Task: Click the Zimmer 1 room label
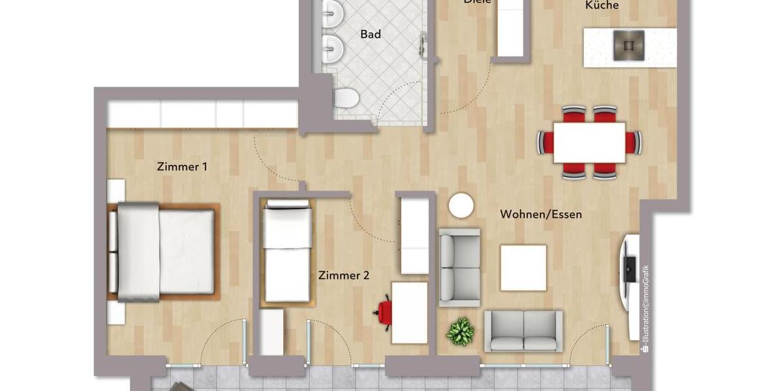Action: pyautogui.click(x=182, y=167)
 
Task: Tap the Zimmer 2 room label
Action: pyautogui.click(x=344, y=276)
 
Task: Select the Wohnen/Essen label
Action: pyautogui.click(x=541, y=214)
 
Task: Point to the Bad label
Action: pyautogui.click(x=371, y=35)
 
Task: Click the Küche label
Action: pyautogui.click(x=602, y=6)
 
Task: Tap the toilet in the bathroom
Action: pyautogui.click(x=346, y=98)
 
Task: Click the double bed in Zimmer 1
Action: pyautogui.click(x=162, y=251)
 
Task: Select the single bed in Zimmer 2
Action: pyautogui.click(x=287, y=252)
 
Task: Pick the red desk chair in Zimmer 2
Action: pyautogui.click(x=384, y=312)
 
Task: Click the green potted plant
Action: pyautogui.click(x=460, y=331)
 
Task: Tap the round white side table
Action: pyautogui.click(x=461, y=206)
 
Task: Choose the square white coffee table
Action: pyautogui.click(x=523, y=268)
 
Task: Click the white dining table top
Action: pyautogui.click(x=589, y=143)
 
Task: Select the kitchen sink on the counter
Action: pyautogui.click(x=628, y=46)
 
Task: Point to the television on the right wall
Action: pyautogui.click(x=629, y=268)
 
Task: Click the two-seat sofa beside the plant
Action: pyautogui.click(x=523, y=331)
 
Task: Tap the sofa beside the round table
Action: pyautogui.click(x=459, y=267)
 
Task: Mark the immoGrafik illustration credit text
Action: pyautogui.click(x=645, y=308)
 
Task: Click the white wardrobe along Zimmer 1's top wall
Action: pyautogui.click(x=202, y=114)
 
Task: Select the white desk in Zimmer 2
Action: pyautogui.click(x=409, y=312)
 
